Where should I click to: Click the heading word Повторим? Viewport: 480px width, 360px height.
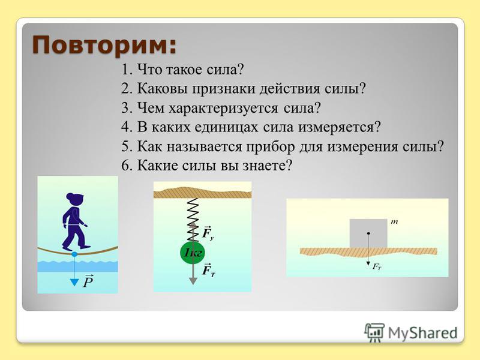click(x=104, y=46)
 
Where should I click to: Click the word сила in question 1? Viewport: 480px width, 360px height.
click(x=226, y=70)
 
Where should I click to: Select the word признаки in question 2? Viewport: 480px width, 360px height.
click(x=224, y=89)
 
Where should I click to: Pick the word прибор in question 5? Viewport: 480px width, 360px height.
click(x=271, y=146)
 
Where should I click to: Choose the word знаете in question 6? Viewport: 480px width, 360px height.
click(x=268, y=166)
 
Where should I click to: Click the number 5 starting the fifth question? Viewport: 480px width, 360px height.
click(x=126, y=146)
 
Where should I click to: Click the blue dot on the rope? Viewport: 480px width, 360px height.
click(x=74, y=254)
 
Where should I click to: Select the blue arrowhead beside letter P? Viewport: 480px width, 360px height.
click(x=74, y=282)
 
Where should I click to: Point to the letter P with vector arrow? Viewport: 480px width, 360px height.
click(x=88, y=281)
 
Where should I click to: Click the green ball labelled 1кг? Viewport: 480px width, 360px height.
click(x=192, y=253)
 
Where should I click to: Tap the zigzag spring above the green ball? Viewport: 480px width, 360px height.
click(x=192, y=220)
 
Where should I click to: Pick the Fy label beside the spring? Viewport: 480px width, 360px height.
click(x=208, y=233)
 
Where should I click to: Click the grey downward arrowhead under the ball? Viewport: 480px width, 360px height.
click(x=193, y=281)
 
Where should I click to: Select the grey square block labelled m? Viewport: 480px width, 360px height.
click(x=368, y=233)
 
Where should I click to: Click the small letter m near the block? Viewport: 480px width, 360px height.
click(x=394, y=222)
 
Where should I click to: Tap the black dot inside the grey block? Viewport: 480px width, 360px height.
click(x=368, y=233)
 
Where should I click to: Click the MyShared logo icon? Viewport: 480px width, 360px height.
click(x=374, y=332)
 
